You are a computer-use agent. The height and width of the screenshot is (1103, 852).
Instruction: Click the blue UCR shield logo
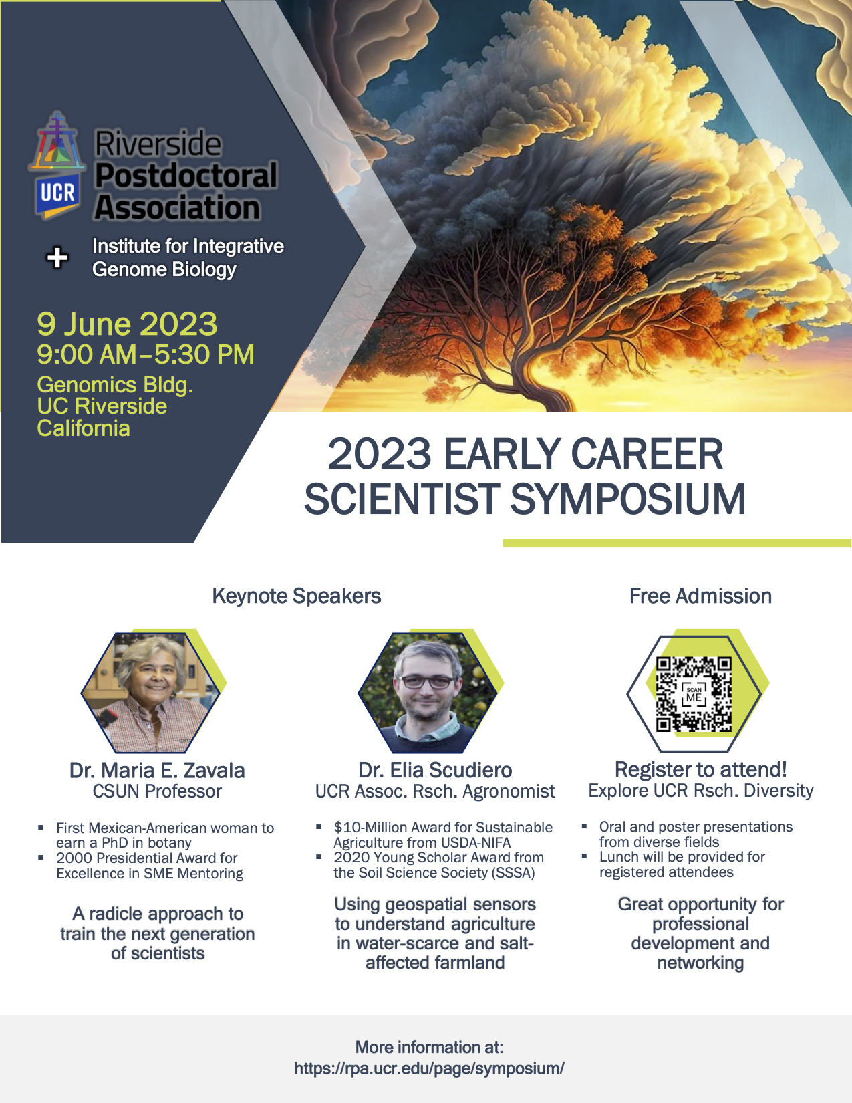57,195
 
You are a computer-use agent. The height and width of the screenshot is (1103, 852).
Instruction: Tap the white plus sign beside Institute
57,257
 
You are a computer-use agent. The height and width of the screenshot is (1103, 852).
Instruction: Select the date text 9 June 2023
127,324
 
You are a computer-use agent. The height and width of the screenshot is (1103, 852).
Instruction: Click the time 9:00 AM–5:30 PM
145,354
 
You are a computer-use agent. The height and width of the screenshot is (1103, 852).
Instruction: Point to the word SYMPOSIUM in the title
627,499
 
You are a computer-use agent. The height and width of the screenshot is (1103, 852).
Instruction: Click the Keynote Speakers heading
296,596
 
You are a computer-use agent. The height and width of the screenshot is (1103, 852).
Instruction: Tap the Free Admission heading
700,596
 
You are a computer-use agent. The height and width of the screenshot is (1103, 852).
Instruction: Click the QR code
694,695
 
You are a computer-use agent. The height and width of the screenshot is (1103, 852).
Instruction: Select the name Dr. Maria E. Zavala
157,771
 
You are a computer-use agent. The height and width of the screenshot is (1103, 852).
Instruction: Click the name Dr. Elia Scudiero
435,770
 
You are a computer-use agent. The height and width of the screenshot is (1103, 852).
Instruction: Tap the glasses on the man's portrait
428,682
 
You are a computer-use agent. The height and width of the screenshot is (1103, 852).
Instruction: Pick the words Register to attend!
701,769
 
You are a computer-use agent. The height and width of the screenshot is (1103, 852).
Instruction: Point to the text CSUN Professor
157,791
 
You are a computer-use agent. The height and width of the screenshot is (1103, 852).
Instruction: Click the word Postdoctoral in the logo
186,176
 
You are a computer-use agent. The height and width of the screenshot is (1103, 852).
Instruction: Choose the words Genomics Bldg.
115,385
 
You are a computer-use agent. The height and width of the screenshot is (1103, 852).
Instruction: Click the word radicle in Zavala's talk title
118,914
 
